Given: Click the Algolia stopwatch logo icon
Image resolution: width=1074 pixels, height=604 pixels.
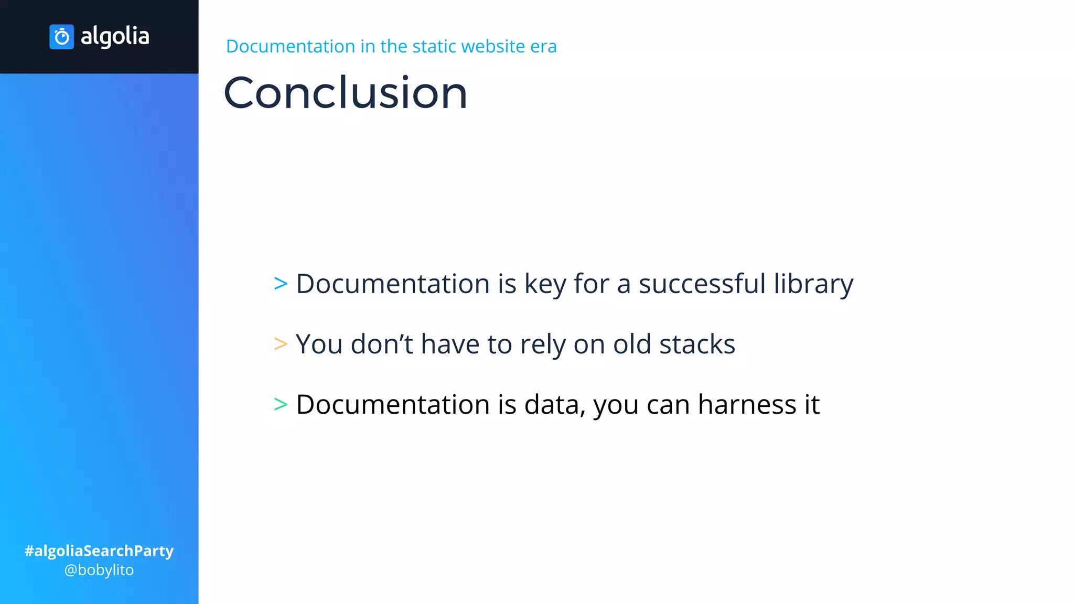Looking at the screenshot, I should [x=62, y=37].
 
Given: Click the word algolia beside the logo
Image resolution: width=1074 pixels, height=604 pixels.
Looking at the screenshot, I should [x=115, y=37].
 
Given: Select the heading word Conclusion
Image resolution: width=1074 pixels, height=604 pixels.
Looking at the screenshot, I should [x=345, y=93].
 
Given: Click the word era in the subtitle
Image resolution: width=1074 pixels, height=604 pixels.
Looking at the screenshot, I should [x=543, y=46].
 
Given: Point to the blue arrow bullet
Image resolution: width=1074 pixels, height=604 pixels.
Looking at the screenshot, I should [x=281, y=284].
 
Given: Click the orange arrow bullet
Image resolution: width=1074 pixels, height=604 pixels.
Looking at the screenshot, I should [x=281, y=344].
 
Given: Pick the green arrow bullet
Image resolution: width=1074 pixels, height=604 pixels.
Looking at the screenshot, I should [x=281, y=404].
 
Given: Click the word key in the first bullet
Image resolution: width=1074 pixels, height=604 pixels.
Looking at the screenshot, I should [x=545, y=284].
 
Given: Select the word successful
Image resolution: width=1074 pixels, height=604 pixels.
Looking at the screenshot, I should [x=702, y=284].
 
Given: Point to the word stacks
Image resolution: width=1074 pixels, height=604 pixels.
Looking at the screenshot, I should [x=697, y=344].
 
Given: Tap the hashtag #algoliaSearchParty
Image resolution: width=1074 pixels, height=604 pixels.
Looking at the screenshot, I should [x=99, y=551].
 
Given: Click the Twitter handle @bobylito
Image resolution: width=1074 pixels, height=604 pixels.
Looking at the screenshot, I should [x=99, y=570].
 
